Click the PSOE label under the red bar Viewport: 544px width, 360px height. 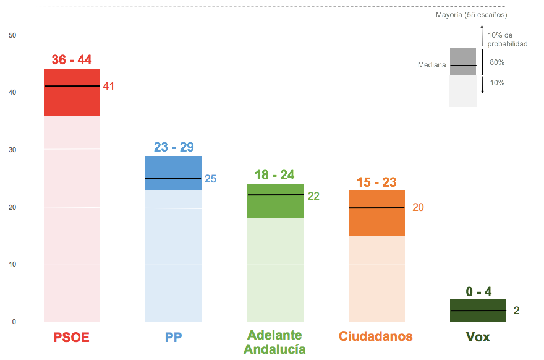tap(72, 337)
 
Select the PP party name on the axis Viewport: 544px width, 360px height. tap(173, 337)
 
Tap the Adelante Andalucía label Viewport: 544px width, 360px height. tap(274, 342)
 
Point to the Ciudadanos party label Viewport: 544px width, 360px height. tap(375, 336)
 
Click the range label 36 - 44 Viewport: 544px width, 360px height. tap(72, 60)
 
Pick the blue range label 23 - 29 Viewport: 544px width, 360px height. tap(174, 147)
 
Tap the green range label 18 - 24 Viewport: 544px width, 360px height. tap(274, 175)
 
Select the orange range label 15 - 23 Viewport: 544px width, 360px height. tap(376, 182)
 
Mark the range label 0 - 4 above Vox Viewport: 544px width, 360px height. tap(478, 291)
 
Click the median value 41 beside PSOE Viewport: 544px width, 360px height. tap(109, 86)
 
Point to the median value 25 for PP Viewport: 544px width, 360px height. tap(210, 179)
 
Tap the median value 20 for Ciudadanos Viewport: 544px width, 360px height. tap(418, 207)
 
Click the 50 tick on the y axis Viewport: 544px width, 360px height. tap(12, 35)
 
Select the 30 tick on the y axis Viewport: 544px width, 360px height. tap(12, 150)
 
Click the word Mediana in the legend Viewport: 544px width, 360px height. tap(431, 65)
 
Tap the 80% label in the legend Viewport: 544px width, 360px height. tap(497, 62)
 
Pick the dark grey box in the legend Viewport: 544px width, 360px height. tap(463, 61)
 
